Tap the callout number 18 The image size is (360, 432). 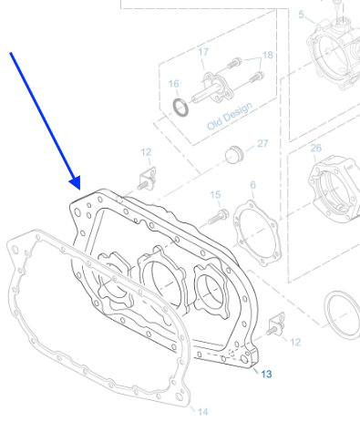(267, 55)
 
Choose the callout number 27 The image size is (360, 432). (262, 143)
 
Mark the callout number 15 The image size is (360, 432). (215, 194)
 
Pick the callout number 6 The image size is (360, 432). (252, 185)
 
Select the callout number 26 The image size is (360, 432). (316, 148)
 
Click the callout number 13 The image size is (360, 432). (266, 374)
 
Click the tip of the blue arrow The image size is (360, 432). (75, 187)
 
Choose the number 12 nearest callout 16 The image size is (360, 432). (146, 150)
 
